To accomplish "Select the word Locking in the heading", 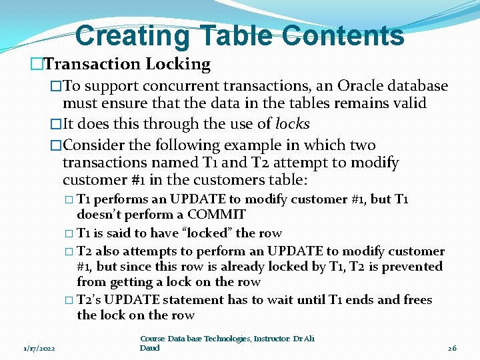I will click(178, 64).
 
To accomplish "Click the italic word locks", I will click(292, 124).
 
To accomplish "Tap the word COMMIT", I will click(216, 215).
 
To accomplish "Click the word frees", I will click(418, 300).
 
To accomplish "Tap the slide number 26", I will click(451, 347).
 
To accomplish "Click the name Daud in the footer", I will click(150, 347).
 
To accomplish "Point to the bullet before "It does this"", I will click(56, 125).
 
